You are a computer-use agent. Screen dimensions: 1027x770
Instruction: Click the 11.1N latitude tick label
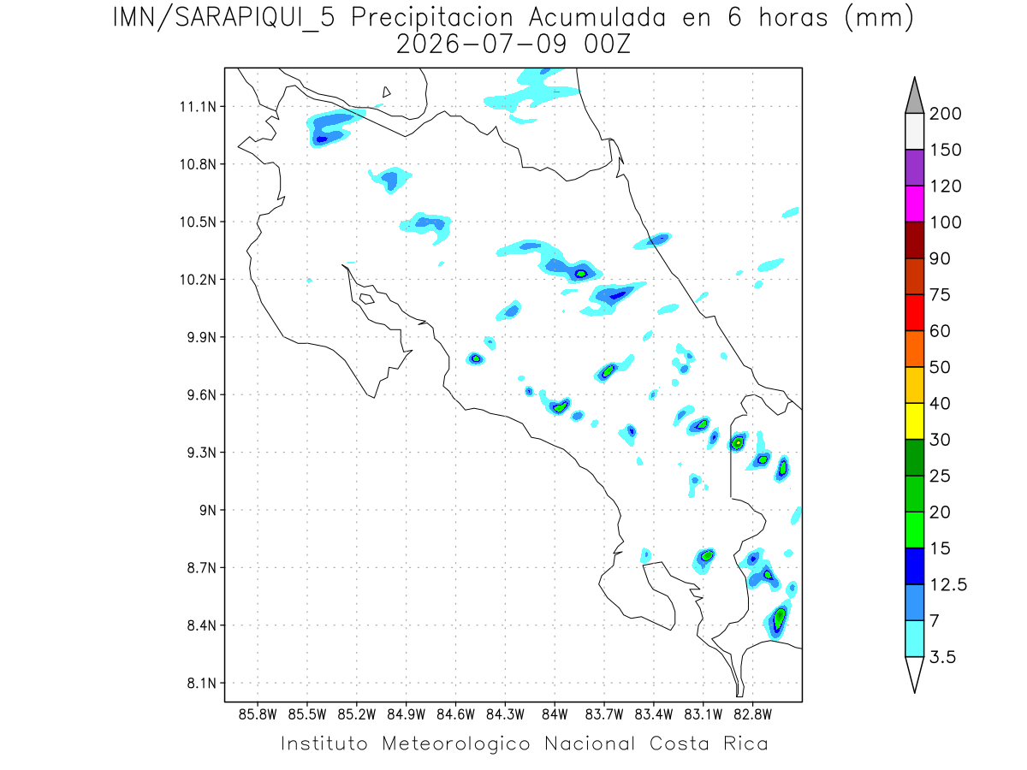click(x=198, y=107)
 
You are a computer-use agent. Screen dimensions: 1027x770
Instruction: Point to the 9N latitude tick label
click(x=208, y=510)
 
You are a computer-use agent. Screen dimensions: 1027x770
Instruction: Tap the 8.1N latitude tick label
click(x=202, y=683)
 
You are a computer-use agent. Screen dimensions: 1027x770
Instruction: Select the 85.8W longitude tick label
click(x=258, y=715)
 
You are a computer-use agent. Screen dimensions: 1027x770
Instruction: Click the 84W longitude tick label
click(x=555, y=715)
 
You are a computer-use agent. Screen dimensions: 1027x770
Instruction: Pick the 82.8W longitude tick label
click(x=752, y=715)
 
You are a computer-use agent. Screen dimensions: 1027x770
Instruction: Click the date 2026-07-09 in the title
click(x=482, y=44)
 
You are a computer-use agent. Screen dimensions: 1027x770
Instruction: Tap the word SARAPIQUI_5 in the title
click(x=255, y=19)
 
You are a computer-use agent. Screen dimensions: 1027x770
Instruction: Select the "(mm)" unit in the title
click(x=879, y=19)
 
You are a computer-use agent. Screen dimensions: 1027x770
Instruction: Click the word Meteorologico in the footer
click(x=456, y=744)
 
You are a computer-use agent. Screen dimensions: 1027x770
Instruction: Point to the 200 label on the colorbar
click(x=945, y=114)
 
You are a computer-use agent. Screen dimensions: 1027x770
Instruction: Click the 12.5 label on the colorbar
click(x=948, y=585)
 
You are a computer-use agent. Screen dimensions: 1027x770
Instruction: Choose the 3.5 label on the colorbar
click(x=942, y=657)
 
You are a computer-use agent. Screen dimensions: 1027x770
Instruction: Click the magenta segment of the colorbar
click(x=914, y=204)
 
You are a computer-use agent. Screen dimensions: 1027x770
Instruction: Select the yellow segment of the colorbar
click(x=914, y=421)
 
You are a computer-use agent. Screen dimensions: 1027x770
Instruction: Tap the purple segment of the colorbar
click(x=914, y=168)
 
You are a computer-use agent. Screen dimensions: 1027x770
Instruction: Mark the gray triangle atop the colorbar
click(x=914, y=98)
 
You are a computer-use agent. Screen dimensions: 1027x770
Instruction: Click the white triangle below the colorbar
click(x=914, y=672)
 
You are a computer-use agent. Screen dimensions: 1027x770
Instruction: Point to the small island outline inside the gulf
click(x=367, y=299)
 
